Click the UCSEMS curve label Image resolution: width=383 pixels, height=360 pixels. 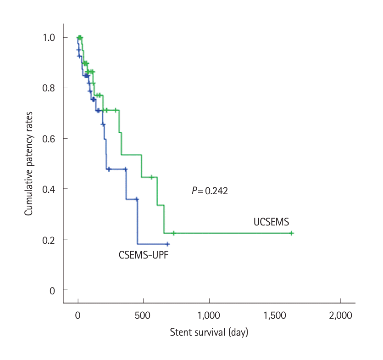[x=271, y=222]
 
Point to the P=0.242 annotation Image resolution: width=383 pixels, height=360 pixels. [x=210, y=191]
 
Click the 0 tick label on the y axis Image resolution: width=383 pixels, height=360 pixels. [x=53, y=290]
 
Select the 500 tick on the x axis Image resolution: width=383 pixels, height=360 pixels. [x=143, y=315]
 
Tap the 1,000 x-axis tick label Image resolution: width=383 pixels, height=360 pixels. [x=209, y=315]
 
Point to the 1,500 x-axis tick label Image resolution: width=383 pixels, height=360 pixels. [x=275, y=315]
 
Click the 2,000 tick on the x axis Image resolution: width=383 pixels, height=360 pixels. [x=340, y=315]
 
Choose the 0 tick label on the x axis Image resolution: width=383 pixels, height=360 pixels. [x=78, y=315]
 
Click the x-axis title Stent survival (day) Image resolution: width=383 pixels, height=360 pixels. [x=209, y=332]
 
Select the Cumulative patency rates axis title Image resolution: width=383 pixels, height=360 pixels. [x=28, y=163]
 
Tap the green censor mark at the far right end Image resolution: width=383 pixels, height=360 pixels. [x=291, y=233]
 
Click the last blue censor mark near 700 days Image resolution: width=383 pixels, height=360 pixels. [x=167, y=244]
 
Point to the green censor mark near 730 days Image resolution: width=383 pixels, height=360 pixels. [x=173, y=233]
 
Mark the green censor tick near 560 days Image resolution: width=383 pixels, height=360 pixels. [x=151, y=177]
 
